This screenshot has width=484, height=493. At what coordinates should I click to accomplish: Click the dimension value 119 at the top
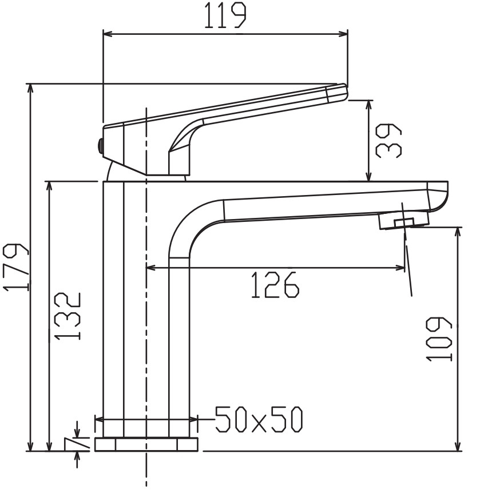[225, 15]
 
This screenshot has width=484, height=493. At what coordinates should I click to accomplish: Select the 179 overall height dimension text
[16, 267]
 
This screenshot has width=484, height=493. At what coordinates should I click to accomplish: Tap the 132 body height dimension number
[68, 316]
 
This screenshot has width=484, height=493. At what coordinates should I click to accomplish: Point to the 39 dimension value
[388, 141]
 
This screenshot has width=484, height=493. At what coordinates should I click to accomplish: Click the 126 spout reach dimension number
[275, 285]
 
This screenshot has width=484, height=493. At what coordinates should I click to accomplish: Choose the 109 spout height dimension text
[439, 339]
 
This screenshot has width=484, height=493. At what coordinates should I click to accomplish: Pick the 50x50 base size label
[259, 419]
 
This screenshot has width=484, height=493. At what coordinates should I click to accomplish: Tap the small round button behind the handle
[100, 145]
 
